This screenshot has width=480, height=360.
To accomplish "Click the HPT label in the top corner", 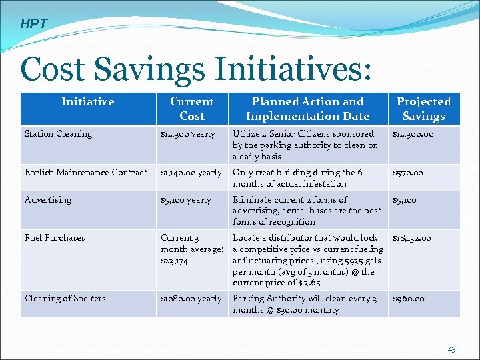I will (33, 24).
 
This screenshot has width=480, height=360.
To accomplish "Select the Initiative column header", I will (87, 101).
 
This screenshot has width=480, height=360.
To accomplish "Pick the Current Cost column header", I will (191, 109).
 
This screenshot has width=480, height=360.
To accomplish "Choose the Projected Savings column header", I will (423, 109).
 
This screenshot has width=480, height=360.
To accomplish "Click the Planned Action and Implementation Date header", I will (307, 109).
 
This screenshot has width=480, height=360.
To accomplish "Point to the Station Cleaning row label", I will (58, 134).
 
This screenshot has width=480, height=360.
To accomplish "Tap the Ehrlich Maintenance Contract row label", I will (86, 173).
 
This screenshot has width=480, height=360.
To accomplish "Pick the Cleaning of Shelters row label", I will (65, 299).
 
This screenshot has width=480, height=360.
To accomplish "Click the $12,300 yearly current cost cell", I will (187, 134).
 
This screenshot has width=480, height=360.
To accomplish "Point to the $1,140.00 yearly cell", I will (191, 173).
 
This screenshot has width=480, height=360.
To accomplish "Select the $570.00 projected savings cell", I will (408, 173).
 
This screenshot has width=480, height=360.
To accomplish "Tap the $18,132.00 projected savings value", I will (411, 238).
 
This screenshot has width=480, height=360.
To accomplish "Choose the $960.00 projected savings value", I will (408, 299).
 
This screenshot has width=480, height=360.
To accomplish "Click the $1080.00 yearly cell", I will (191, 299).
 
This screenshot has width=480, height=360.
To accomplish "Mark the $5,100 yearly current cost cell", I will (185, 200).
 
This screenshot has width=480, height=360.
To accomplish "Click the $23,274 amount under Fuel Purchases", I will (175, 261).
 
